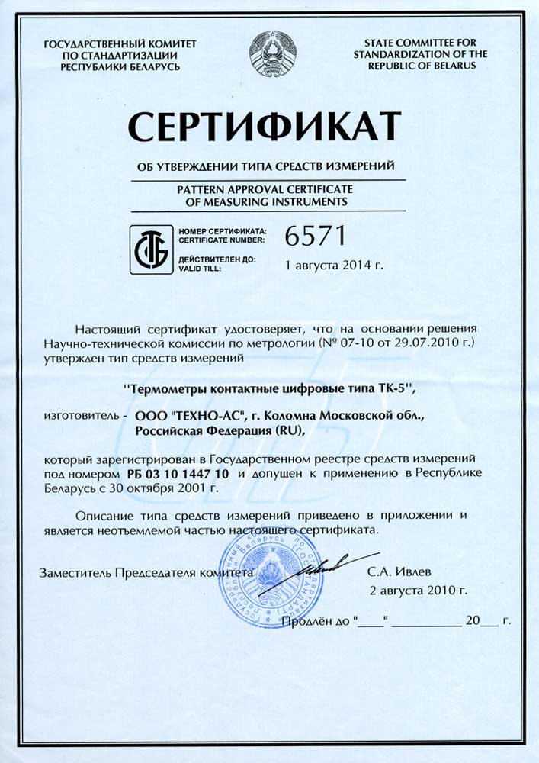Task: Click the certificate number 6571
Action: (315, 237)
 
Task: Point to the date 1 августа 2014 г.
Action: (332, 266)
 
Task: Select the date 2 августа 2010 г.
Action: (418, 590)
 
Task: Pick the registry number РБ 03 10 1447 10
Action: (175, 474)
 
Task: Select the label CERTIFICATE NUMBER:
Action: (222, 239)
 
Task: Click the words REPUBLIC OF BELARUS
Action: (421, 66)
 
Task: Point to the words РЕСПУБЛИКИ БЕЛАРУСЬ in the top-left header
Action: (120, 66)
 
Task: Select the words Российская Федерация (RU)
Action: (218, 430)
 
